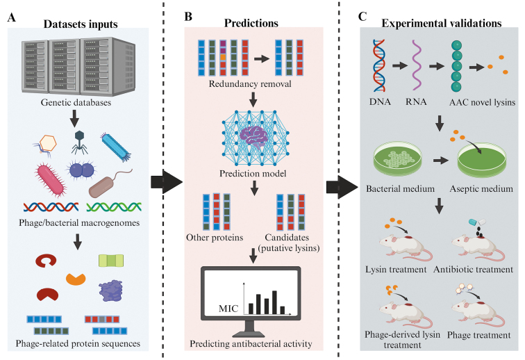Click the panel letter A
(11, 17)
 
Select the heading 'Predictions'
(251, 23)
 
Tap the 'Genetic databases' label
(76, 102)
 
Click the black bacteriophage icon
(79, 142)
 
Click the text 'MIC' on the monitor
(228, 309)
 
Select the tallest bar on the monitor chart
(274, 302)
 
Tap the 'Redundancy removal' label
(250, 84)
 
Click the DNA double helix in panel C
(379, 65)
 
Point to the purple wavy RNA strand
(417, 65)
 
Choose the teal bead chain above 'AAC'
(456, 66)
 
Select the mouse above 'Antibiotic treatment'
(478, 249)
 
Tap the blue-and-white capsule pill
(478, 222)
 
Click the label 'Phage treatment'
(478, 335)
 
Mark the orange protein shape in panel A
(76, 279)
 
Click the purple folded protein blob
(111, 291)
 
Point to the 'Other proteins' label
(215, 238)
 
